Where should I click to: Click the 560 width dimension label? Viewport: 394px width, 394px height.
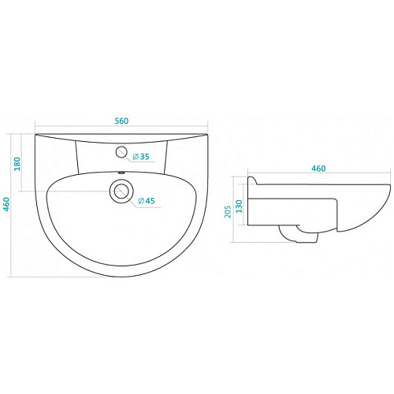(121, 121)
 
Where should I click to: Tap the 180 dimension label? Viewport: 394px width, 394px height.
(17, 164)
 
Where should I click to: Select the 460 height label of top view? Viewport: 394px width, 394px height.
(6, 204)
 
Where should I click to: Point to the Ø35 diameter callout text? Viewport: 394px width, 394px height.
(141, 157)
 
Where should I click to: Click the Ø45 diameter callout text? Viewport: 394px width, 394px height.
(147, 201)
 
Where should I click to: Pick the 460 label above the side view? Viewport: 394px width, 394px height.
(318, 169)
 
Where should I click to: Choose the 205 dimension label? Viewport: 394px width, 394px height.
(228, 212)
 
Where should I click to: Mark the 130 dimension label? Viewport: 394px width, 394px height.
(239, 206)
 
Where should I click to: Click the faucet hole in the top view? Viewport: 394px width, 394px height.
(121, 152)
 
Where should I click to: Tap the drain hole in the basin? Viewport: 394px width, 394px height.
(121, 191)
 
